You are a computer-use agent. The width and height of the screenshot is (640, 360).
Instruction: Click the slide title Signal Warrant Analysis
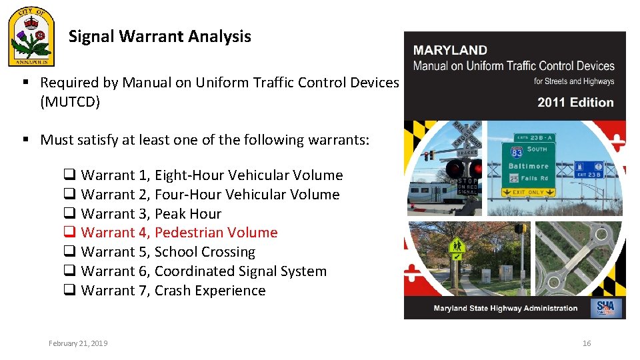[160, 37]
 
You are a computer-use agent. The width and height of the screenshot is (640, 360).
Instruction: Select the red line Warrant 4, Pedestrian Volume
[179, 233]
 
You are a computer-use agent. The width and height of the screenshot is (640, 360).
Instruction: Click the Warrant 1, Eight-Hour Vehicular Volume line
[211, 175]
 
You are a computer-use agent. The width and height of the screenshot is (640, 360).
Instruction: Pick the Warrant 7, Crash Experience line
[173, 291]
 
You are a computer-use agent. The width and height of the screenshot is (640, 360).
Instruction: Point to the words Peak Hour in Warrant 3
[188, 214]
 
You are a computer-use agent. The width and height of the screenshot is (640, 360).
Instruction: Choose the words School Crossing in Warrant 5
[205, 252]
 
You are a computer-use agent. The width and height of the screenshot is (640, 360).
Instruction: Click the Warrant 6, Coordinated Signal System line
[203, 271]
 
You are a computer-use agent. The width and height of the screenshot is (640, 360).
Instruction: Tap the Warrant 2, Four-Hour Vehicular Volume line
[210, 195]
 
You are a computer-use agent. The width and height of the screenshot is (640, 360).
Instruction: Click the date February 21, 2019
[78, 343]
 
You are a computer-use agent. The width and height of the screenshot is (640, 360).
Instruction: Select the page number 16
[587, 343]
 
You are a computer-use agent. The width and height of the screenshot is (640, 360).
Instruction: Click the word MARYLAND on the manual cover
[450, 51]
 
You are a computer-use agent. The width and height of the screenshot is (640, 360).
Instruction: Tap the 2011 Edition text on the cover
[575, 103]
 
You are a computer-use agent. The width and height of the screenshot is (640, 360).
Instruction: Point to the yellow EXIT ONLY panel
[529, 192]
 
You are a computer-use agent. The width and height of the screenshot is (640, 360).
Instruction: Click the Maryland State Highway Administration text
[505, 308]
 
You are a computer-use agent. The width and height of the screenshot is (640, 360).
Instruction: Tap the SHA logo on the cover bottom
[609, 307]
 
